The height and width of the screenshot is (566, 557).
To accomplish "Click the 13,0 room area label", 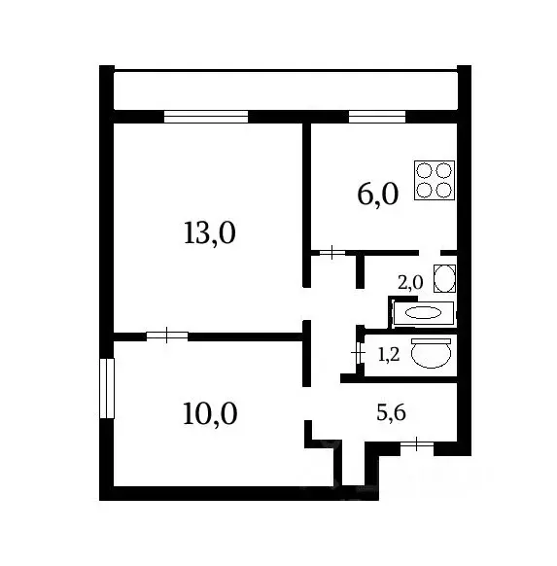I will (x=210, y=233).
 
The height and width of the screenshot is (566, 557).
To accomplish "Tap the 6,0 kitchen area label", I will (x=377, y=195).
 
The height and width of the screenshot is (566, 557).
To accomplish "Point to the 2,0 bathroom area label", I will (x=410, y=283).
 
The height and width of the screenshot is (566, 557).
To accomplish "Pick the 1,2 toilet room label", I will (x=388, y=355).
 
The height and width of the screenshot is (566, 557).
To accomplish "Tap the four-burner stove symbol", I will (x=435, y=180).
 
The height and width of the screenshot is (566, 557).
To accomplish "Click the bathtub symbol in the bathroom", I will (x=423, y=313).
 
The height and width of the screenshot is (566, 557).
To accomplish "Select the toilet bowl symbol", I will (x=431, y=353).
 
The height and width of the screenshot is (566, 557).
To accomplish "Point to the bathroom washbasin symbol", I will (x=443, y=278).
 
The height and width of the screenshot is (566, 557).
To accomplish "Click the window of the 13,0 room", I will (x=205, y=117).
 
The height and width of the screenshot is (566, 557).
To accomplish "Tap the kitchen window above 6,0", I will (x=377, y=117).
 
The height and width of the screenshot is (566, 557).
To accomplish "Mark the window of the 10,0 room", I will (x=107, y=388).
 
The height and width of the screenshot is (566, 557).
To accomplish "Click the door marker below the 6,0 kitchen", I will (x=331, y=253).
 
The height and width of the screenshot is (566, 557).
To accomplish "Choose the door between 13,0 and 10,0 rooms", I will (x=167, y=336).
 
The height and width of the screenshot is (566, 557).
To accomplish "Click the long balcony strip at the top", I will (x=285, y=91).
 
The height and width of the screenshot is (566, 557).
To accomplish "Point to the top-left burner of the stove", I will (x=425, y=170).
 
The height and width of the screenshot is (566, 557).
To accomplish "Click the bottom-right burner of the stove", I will (x=444, y=190).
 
